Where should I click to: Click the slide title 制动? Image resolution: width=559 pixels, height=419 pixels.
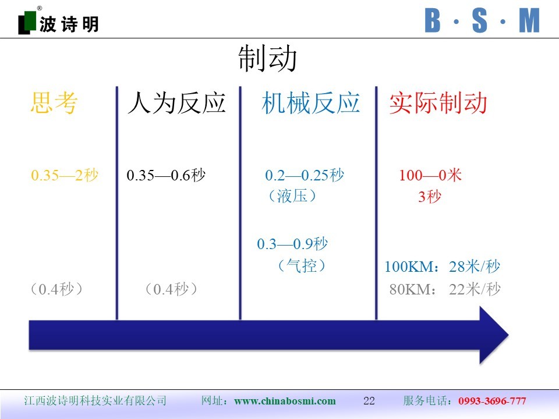pos(267,58)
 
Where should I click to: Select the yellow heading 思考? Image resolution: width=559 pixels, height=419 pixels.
pos(54,102)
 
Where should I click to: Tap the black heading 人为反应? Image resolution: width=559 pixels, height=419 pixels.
pos(177,103)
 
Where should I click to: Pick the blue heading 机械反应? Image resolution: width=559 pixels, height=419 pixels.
pos(310,103)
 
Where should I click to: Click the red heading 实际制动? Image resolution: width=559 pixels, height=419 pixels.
pos(438,103)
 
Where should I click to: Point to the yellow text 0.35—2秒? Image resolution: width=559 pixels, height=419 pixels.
pos(65,175)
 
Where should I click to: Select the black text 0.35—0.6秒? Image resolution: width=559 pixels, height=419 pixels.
pos(166,175)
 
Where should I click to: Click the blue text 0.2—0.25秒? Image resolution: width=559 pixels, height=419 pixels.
pos(305,175)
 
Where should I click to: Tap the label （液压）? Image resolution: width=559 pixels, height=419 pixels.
pos(292,196)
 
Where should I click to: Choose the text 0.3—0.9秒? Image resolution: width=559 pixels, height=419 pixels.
pos(292,244)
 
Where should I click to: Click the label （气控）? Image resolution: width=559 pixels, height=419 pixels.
pos(302,265)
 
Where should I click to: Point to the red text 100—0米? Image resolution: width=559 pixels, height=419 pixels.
pos(430,175)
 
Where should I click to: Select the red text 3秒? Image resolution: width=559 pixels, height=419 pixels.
pos(430,196)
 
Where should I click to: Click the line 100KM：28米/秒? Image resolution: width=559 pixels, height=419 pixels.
pos(443,267)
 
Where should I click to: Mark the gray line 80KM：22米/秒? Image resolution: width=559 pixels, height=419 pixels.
pos(445,289)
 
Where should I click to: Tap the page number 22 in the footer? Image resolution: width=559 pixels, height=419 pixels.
pos(369,401)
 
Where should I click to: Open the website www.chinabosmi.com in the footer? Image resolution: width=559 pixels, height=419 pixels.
pos(285,401)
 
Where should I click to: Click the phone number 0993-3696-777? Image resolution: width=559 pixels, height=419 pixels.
pos(492,401)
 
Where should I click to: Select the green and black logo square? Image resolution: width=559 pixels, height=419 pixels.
pos(27,23)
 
